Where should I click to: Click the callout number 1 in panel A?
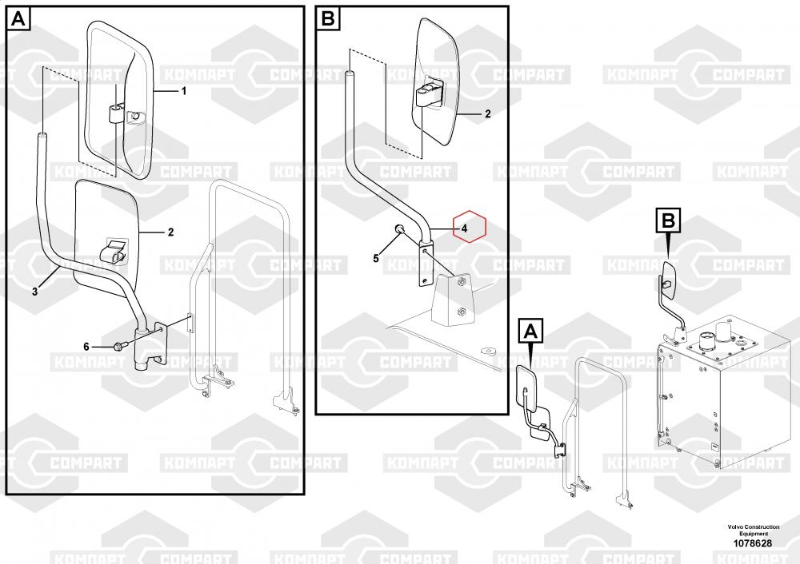click(183, 92)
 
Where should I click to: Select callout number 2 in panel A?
click(170, 233)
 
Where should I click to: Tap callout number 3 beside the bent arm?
click(34, 292)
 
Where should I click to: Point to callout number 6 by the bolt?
click(86, 346)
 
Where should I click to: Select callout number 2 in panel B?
click(487, 115)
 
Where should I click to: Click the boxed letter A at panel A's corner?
click(20, 18)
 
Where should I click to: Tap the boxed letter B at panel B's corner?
click(328, 18)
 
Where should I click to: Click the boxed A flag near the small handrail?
click(532, 329)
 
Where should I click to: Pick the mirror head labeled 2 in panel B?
click(435, 80)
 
